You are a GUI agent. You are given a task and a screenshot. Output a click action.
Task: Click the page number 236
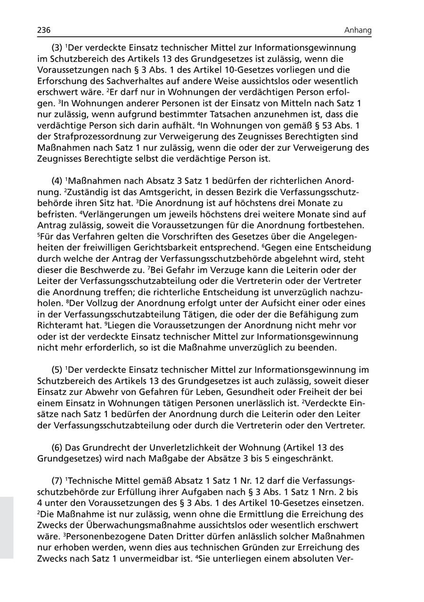tap(44, 31)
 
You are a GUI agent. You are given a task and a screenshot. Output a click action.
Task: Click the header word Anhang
tap(358, 31)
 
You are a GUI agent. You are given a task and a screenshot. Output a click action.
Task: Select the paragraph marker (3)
tap(57, 48)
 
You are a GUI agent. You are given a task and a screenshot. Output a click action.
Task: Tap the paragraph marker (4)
tap(57, 181)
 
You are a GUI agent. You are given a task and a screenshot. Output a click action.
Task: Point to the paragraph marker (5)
tap(57, 369)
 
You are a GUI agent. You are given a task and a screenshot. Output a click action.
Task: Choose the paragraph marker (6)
tap(57, 447)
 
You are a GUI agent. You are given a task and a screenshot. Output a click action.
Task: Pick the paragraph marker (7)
tap(57, 481)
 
